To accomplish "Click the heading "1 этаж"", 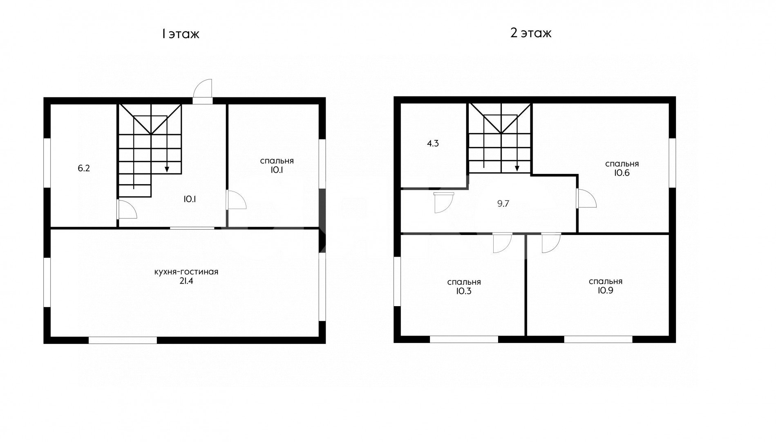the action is click(180, 34).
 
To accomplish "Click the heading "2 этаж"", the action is click(531, 33).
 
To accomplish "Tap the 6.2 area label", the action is click(83, 168).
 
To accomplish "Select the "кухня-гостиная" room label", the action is click(186, 272).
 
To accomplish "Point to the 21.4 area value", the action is click(186, 281).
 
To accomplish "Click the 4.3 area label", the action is click(433, 144).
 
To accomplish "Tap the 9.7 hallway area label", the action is click(503, 203).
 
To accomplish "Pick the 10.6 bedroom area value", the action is click(622, 173).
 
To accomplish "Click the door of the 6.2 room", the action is click(126, 210).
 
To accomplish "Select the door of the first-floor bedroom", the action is click(236, 200).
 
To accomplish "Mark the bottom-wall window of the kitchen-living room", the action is click(123, 340).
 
